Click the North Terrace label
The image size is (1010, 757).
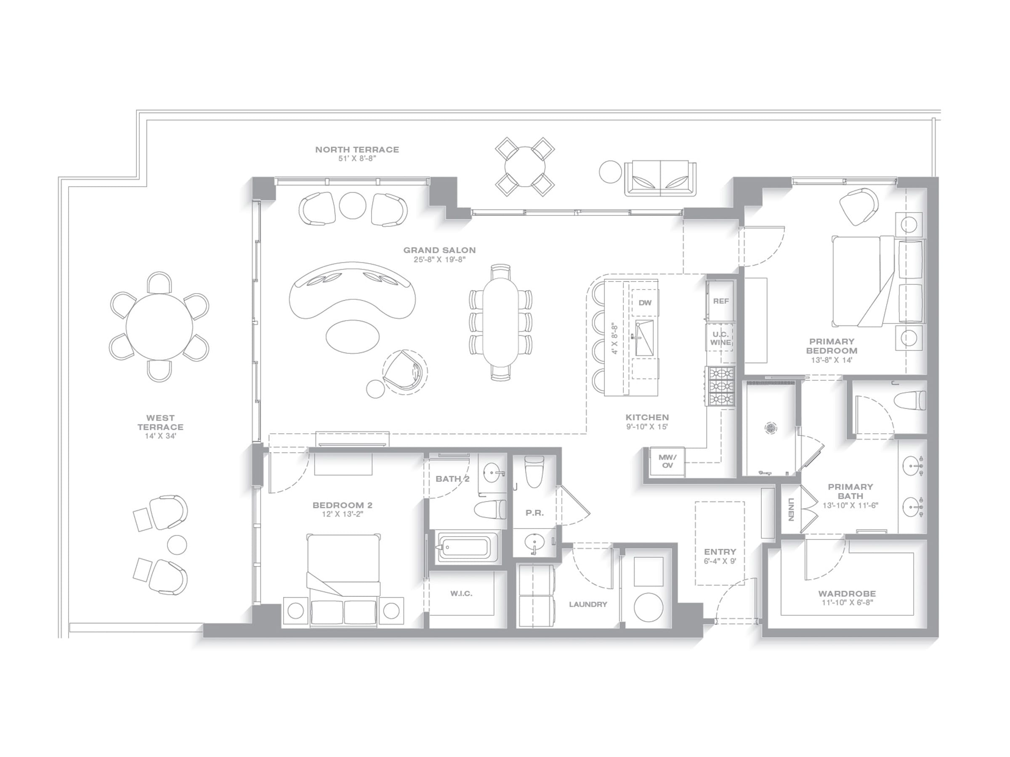[357, 149]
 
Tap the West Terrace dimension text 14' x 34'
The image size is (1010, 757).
[160, 436]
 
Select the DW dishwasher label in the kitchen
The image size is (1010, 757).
[645, 302]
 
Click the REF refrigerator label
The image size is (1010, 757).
[721, 301]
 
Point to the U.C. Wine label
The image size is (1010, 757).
[720, 339]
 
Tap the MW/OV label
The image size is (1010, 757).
[667, 461]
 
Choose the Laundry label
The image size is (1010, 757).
[588, 604]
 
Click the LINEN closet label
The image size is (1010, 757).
[790, 509]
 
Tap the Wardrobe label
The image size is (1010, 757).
[847, 594]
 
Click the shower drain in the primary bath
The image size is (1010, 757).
[770, 428]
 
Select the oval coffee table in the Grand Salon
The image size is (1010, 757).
[353, 336]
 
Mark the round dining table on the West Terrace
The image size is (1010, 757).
[159, 327]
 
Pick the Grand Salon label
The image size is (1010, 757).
[439, 250]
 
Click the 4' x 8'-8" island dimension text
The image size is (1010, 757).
[614, 339]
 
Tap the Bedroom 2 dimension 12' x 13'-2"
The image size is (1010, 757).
[342, 514]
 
